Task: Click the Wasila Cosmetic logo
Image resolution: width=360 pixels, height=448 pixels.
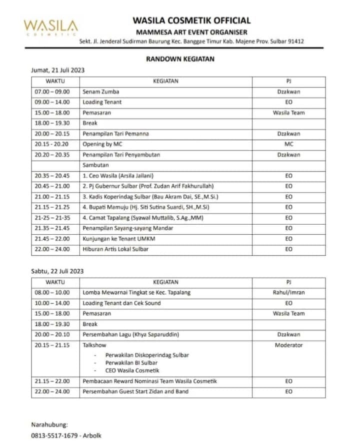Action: [x=50, y=27]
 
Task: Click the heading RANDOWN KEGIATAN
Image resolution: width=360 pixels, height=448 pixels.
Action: [x=180, y=59]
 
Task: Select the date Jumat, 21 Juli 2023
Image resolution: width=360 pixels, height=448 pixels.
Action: [x=58, y=70]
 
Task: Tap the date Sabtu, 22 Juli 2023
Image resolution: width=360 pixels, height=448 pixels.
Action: [x=57, y=271]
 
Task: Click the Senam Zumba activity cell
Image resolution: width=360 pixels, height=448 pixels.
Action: [x=101, y=92]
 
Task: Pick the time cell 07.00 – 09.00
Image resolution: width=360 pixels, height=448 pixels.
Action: [x=52, y=92]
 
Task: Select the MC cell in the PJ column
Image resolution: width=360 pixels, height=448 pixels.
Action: [x=288, y=144]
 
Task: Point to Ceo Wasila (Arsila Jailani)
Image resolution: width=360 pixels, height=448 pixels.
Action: [x=118, y=176]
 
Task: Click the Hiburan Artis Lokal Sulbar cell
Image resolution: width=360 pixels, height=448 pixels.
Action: [x=115, y=249]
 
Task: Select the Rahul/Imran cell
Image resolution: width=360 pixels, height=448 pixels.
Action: [x=288, y=293]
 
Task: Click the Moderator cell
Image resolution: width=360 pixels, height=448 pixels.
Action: [x=288, y=345]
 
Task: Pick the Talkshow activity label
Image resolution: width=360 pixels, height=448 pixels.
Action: [x=94, y=345]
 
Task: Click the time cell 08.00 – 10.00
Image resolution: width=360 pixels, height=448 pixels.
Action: [x=52, y=293]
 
